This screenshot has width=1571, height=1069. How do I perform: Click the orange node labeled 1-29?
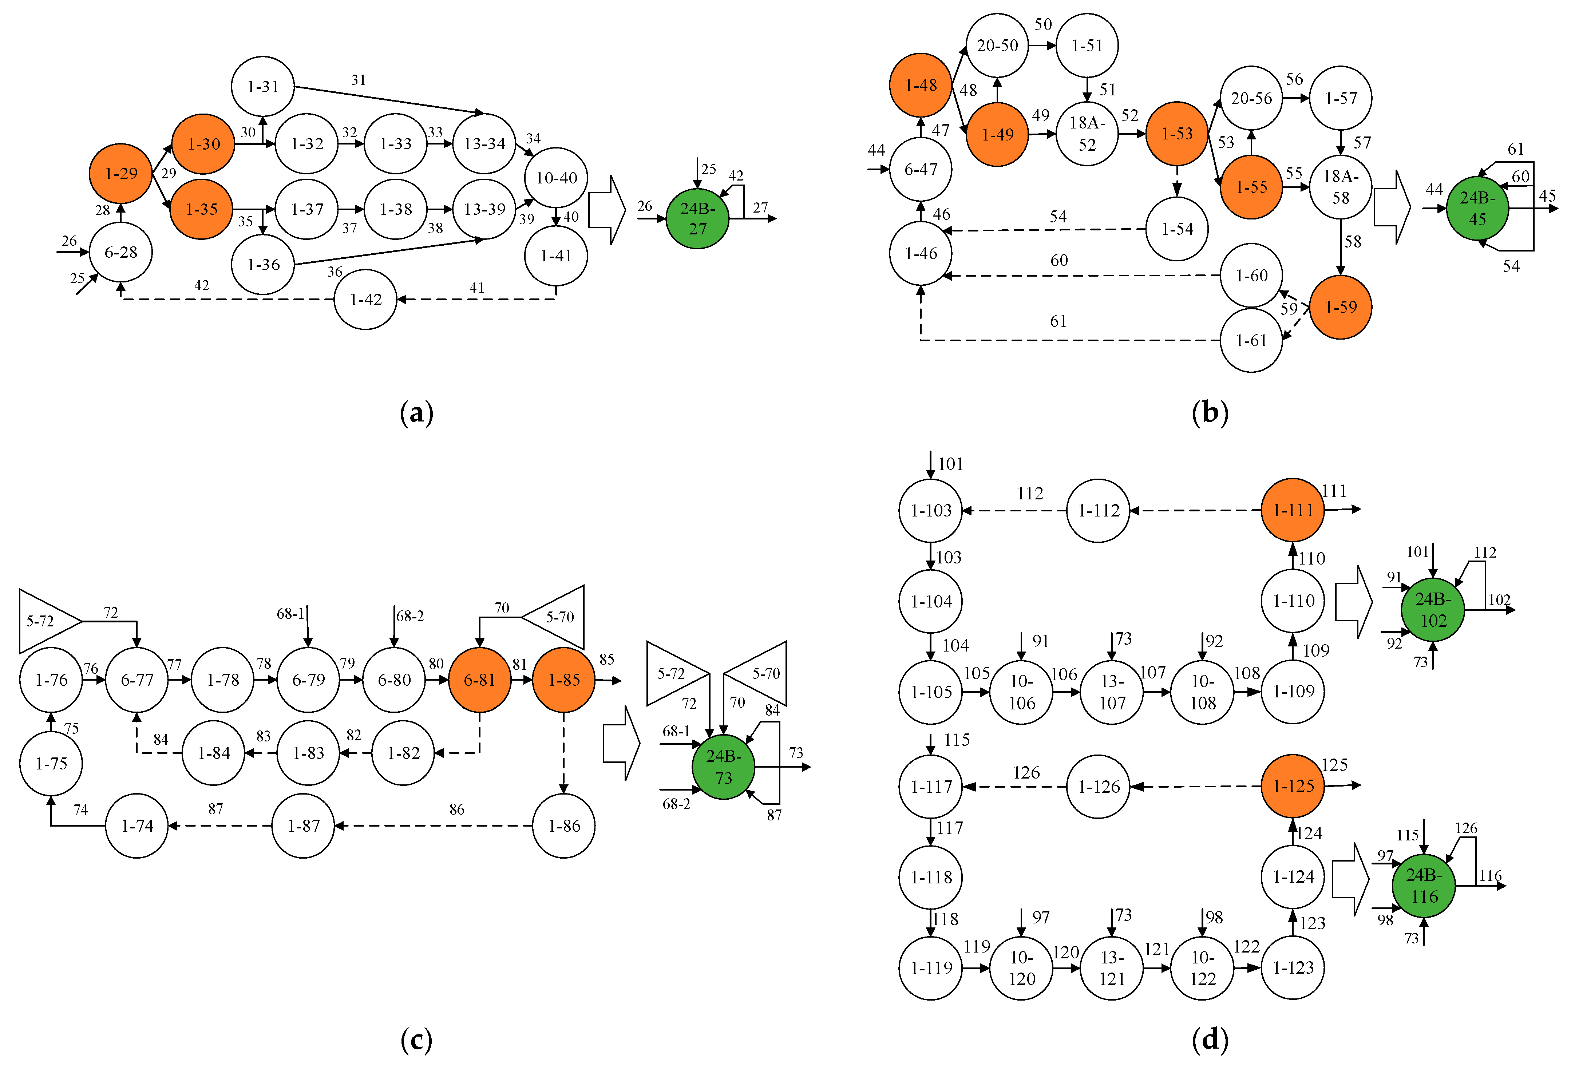(120, 174)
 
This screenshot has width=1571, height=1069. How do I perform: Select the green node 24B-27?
(697, 218)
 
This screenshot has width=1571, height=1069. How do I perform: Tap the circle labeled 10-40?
(556, 178)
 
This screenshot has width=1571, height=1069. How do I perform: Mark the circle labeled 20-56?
(1251, 98)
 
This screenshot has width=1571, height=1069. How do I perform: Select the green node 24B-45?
(1477, 208)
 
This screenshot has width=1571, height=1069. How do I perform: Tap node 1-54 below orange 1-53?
(1177, 229)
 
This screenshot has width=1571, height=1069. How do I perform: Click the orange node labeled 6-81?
(479, 680)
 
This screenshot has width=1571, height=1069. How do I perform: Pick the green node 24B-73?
(723, 767)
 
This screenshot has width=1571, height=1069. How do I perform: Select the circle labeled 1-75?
(51, 763)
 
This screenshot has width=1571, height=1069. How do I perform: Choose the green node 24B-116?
(1424, 886)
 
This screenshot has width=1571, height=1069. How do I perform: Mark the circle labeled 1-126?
(1098, 786)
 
